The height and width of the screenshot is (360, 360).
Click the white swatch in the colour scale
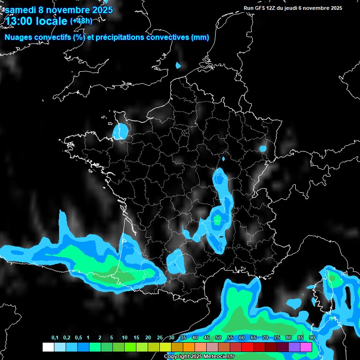click(x=48, y=347)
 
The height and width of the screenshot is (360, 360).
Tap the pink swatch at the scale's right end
click(x=306, y=347)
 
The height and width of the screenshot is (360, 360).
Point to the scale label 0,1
click(x=55, y=338)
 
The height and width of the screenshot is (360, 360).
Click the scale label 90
click(x=312, y=338)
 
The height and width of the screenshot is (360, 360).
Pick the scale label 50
click(x=218, y=338)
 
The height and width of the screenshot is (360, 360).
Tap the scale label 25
click(x=160, y=338)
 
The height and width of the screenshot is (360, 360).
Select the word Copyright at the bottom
click(x=176, y=357)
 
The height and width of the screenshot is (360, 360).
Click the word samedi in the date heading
click(x=20, y=10)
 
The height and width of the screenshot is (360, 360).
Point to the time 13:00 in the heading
click(x=21, y=21)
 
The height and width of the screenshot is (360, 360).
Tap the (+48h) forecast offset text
click(x=81, y=21)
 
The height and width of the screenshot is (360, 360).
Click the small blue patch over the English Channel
click(x=178, y=66)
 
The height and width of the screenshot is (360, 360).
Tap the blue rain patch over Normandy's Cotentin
click(x=120, y=131)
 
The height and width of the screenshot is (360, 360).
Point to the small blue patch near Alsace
click(x=263, y=149)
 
